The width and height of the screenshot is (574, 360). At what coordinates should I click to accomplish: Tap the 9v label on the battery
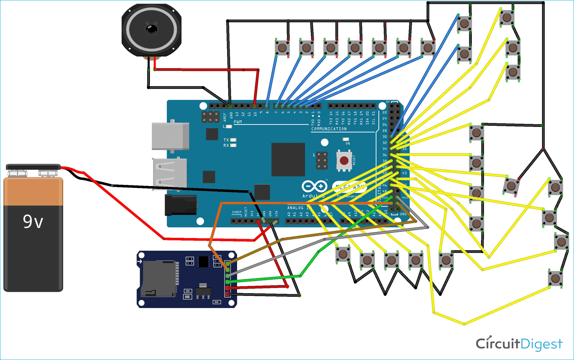[x=33, y=221]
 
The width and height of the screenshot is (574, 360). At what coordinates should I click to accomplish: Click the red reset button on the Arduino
[x=344, y=160]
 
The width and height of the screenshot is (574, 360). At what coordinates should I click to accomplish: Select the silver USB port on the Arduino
[x=170, y=136]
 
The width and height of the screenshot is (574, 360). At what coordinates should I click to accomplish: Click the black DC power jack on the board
[x=180, y=205]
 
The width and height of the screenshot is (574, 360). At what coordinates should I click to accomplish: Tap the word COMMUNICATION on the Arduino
[x=329, y=129]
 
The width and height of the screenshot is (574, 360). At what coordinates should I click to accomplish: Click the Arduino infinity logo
[x=314, y=186]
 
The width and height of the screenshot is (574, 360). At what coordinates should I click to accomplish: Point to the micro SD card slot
[x=158, y=279]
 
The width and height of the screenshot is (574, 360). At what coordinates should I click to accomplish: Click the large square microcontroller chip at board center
[x=288, y=160]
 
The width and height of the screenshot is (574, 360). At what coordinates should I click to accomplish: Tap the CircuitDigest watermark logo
[x=519, y=344]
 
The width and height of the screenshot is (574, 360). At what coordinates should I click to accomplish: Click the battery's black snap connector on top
[x=33, y=167]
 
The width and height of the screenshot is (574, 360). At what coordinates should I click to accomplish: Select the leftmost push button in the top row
[x=282, y=47]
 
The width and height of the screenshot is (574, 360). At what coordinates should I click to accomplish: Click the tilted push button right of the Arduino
[x=511, y=186]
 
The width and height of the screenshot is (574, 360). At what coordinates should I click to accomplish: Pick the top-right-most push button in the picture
[x=507, y=17]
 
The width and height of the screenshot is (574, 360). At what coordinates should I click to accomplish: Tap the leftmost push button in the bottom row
[x=343, y=254]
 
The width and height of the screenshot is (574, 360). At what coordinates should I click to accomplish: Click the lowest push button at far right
[x=555, y=278]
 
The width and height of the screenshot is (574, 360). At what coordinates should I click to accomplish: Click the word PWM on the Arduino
[x=237, y=122]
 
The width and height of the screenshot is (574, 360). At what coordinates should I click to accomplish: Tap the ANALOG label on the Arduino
[x=295, y=208]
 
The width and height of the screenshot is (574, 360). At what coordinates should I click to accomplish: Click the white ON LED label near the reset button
[x=347, y=143]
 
